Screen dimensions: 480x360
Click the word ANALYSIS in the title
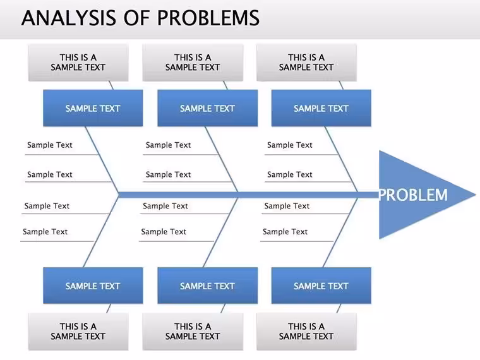tap(69, 18)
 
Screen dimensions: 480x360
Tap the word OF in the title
tap(137, 18)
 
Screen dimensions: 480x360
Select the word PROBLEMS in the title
tap(208, 18)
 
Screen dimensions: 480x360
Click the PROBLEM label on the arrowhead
tap(413, 195)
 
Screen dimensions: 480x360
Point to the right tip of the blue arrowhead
tap(476, 195)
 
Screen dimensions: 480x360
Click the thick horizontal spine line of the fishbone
tap(249, 195)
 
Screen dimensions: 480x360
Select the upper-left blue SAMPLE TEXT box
tap(93, 108)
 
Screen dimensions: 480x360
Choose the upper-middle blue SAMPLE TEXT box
tap(208, 108)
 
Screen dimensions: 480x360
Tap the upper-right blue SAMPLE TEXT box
tap(321, 108)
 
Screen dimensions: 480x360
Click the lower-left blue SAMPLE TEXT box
tap(93, 285)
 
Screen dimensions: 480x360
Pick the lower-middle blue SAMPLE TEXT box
tap(208, 285)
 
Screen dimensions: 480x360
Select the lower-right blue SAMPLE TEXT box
tap(321, 285)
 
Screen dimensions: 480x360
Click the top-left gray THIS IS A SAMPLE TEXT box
tap(78, 63)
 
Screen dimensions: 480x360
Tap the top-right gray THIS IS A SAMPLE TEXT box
tap(306, 63)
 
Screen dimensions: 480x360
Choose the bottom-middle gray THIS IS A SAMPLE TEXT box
tap(193, 332)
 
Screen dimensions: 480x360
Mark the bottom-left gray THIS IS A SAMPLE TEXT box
tap(78, 332)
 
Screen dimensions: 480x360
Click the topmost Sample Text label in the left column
tap(50, 145)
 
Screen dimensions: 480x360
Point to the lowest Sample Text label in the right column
tap(285, 232)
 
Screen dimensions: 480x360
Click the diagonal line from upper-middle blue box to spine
tap(222, 160)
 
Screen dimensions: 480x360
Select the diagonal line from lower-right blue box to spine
tap(340, 232)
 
